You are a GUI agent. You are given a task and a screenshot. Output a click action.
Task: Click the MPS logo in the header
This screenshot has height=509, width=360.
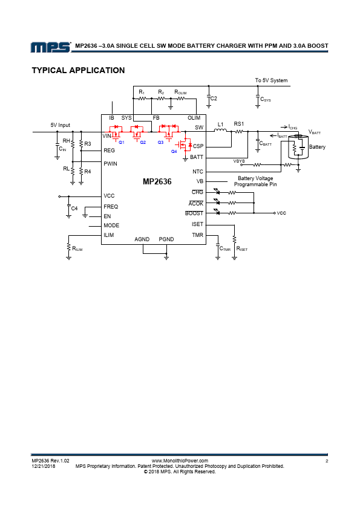(x=51, y=47)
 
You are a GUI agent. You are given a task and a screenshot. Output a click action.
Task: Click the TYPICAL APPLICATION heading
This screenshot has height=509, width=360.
(x=78, y=71)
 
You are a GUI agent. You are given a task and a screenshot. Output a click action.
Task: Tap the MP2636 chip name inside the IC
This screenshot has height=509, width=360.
(x=157, y=181)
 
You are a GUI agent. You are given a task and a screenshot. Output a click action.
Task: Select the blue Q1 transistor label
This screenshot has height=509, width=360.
(x=121, y=143)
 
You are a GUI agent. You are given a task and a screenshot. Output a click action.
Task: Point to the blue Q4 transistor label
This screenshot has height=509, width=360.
(x=174, y=152)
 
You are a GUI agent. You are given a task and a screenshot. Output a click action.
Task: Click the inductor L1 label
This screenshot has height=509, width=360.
(x=220, y=125)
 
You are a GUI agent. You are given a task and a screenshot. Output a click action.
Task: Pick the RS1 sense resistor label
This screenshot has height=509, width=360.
(x=239, y=124)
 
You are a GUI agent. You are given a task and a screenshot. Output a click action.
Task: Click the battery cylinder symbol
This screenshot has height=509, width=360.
(x=298, y=146)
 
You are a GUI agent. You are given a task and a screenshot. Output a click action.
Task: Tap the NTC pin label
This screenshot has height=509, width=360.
(x=197, y=172)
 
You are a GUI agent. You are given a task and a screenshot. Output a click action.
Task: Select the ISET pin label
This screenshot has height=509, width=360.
(x=197, y=224)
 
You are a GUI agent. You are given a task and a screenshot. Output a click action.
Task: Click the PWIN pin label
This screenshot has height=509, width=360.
(x=110, y=164)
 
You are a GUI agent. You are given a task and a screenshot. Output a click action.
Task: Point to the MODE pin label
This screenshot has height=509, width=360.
(x=111, y=225)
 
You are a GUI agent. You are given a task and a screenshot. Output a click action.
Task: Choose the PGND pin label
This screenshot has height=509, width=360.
(x=166, y=239)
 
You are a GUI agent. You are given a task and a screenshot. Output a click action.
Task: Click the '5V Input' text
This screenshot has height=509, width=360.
(x=60, y=125)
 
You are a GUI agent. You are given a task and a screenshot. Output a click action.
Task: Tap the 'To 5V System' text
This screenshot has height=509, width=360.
(x=271, y=80)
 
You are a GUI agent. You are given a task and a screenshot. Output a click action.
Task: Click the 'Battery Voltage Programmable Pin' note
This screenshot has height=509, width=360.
(x=255, y=181)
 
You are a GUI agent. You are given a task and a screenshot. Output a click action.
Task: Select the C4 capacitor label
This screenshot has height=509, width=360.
(x=74, y=209)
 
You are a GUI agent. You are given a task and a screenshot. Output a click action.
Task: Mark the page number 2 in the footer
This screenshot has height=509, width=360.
(x=327, y=461)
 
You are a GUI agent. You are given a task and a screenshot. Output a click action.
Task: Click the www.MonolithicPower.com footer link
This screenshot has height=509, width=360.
(x=180, y=461)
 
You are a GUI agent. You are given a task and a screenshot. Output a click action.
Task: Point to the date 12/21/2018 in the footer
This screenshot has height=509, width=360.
(x=44, y=466)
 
